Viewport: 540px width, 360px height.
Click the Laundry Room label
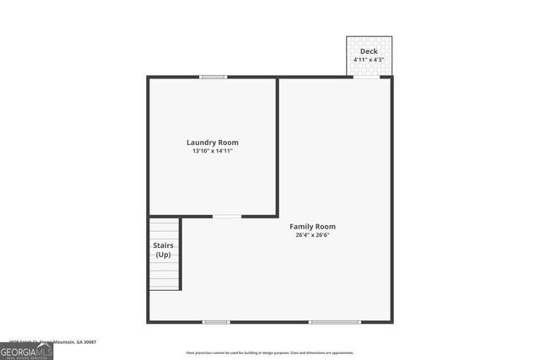click(x=213, y=142)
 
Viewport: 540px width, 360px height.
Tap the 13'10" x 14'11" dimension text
click(x=213, y=151)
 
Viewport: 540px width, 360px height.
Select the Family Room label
click(x=312, y=226)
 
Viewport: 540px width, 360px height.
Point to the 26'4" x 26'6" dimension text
click(x=312, y=235)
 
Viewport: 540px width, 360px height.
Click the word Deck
click(x=369, y=51)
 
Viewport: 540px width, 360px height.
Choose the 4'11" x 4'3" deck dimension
click(x=369, y=60)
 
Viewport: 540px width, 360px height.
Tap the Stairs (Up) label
click(x=163, y=250)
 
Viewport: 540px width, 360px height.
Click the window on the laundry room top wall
click(x=213, y=78)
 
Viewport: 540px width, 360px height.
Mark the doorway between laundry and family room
click(x=226, y=217)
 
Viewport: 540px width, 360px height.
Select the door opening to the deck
click(x=366, y=78)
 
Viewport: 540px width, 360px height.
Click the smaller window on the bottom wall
click(x=216, y=321)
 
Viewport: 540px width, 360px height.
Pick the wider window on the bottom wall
click(x=334, y=321)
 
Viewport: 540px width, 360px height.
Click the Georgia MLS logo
click(x=26, y=351)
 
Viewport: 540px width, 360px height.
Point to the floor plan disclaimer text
click(x=270, y=352)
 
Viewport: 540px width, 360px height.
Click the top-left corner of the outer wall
click(x=148, y=78)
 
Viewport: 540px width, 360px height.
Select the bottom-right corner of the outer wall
click(x=391, y=320)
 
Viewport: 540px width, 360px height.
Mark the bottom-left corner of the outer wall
click(x=149, y=320)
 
